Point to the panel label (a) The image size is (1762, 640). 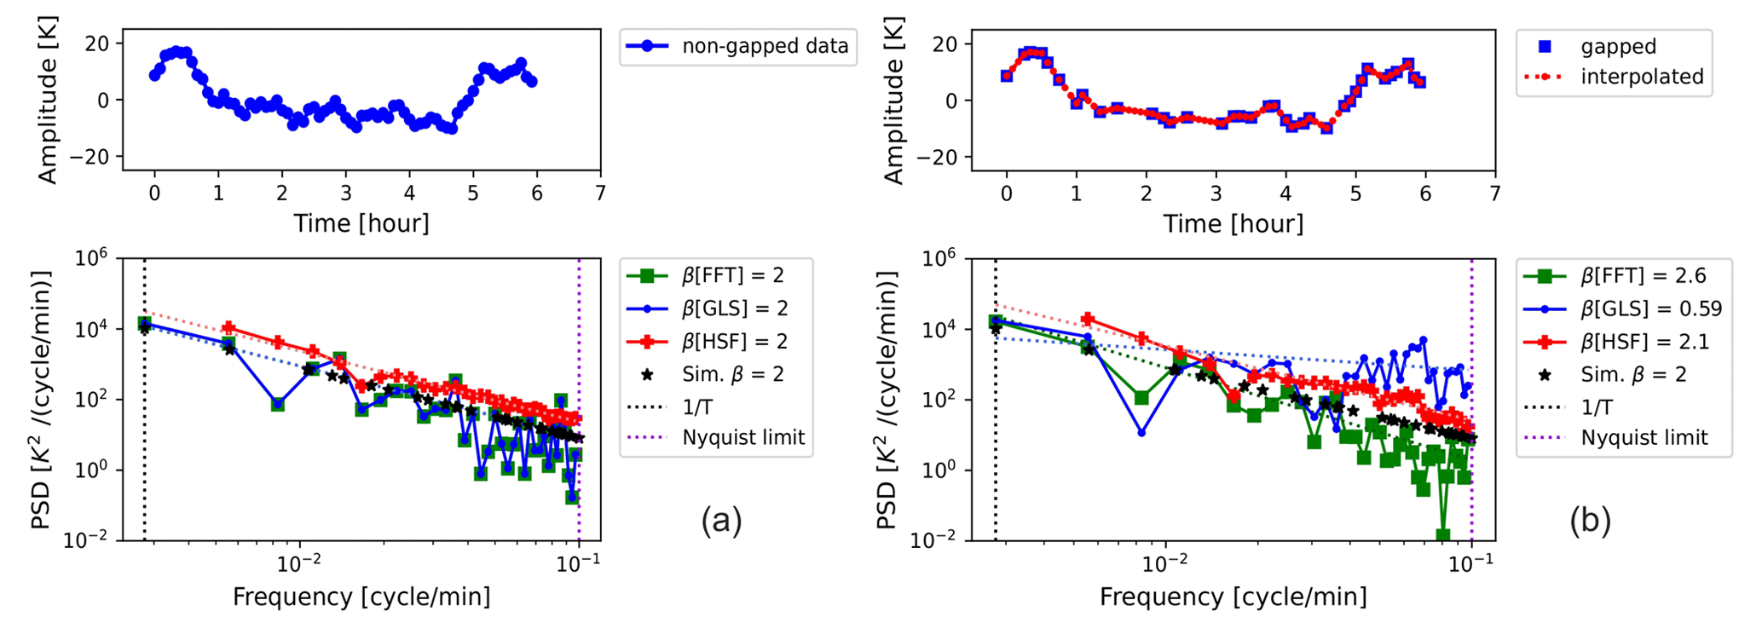721,519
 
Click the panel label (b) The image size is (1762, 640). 1590,519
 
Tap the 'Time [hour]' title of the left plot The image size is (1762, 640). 361,224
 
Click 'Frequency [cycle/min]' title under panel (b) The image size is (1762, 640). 1233,597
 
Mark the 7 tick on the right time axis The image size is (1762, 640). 1494,194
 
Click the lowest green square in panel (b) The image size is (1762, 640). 1442,535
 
